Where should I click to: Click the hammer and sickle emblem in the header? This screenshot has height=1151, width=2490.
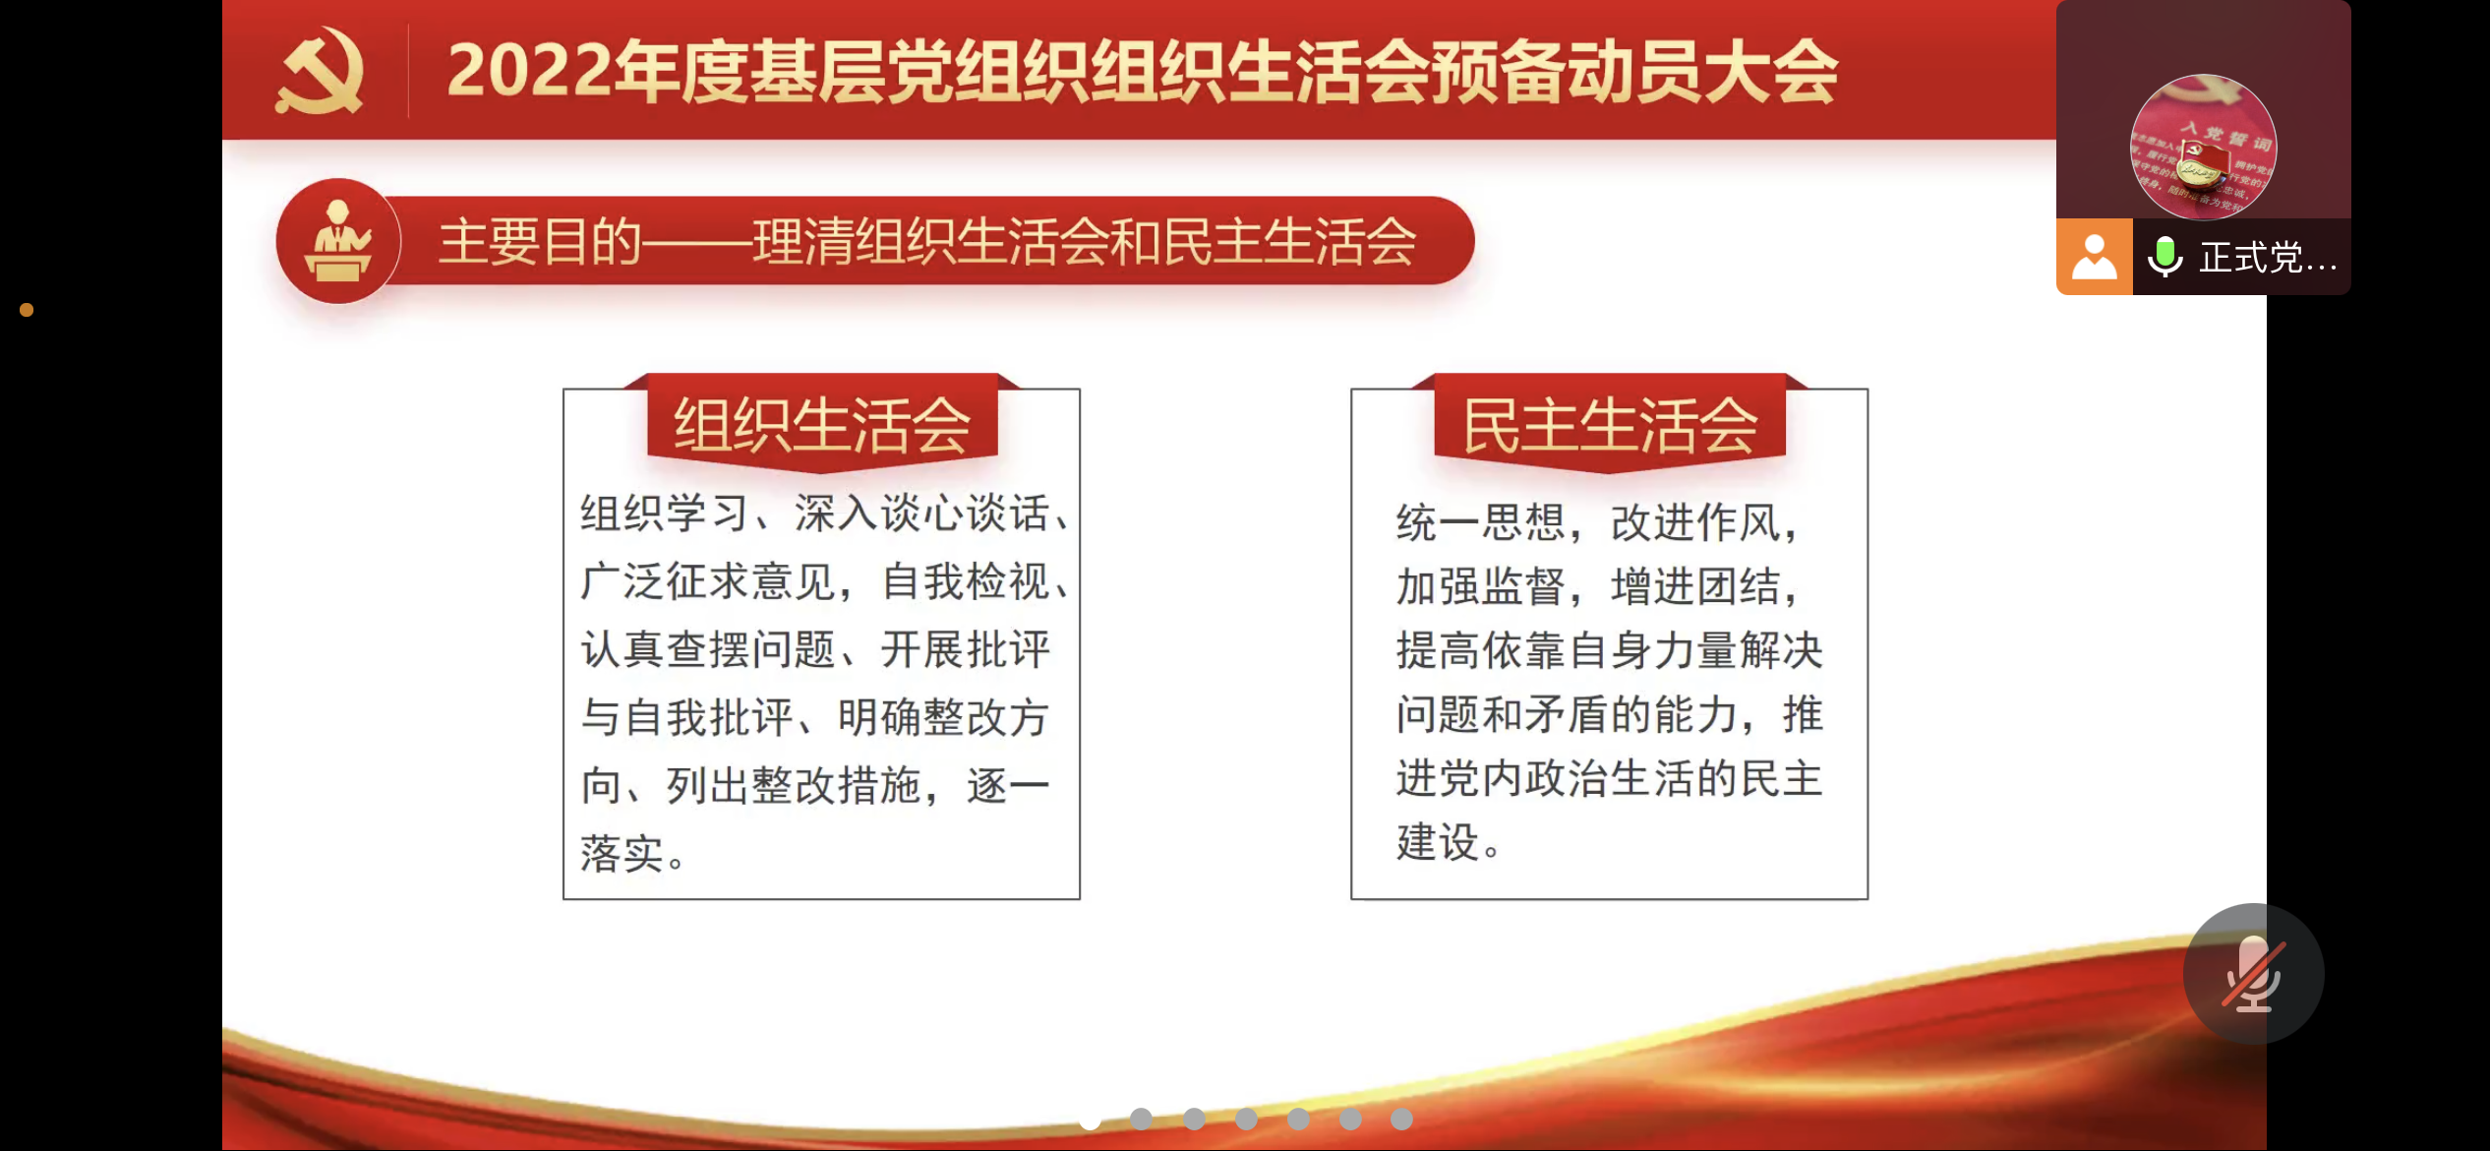coord(320,71)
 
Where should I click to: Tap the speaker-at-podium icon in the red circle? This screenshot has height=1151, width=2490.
coord(338,241)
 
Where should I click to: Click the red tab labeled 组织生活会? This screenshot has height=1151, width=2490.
coord(822,425)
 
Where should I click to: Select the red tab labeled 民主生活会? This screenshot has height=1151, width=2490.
coord(1610,425)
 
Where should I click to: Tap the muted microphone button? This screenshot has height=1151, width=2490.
coord(2253,973)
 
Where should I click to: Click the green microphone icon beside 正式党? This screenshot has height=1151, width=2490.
coord(2164,258)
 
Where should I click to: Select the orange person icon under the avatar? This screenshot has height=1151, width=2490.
coord(2095,258)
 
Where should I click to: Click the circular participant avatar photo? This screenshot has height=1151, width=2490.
coord(2203,148)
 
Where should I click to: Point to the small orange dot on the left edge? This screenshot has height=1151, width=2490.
coord(27,310)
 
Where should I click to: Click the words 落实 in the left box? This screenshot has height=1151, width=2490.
coord(622,854)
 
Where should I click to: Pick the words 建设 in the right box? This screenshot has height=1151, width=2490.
coord(1439,842)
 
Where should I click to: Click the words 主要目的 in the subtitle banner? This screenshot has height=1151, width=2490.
coord(540,242)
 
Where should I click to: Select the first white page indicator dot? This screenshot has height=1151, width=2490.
coord(1090,1120)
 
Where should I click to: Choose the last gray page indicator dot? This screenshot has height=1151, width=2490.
coord(1401,1120)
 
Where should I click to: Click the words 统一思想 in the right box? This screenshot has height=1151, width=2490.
coord(1481,522)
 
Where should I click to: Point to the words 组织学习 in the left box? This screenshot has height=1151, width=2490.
coord(665,514)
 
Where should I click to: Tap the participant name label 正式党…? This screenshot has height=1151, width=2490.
coord(2268,258)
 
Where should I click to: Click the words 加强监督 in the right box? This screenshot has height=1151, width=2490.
coord(1481,587)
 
